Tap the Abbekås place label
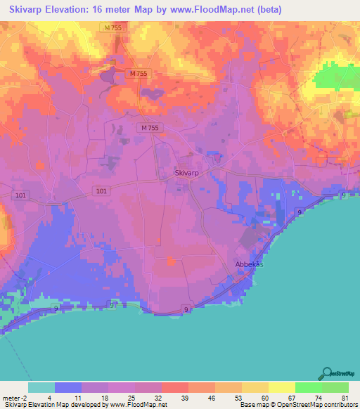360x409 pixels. pos(247,265)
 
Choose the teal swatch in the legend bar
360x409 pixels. pos(41,387)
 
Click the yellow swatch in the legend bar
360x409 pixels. pos(282,387)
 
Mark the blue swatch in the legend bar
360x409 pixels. pos(68,387)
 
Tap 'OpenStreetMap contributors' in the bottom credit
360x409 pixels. pos(319,405)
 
